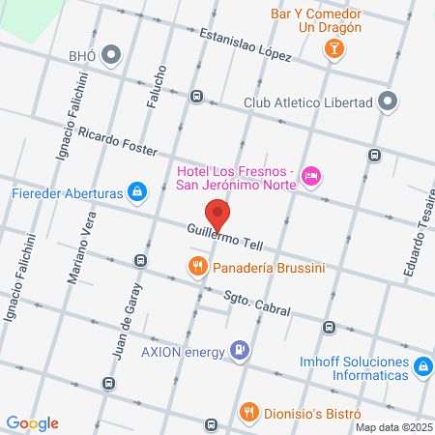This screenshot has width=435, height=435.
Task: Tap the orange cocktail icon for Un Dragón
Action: click(x=333, y=48)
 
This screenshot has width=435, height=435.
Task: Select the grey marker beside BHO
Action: click(x=111, y=55)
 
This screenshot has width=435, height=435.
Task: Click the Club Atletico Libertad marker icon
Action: click(x=389, y=101)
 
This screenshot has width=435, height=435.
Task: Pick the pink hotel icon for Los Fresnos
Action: click(x=311, y=175)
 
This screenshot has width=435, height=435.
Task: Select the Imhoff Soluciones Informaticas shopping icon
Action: click(x=422, y=366)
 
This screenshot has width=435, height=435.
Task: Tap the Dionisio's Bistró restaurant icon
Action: click(x=249, y=410)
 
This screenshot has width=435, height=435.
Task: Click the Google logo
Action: click(x=32, y=423)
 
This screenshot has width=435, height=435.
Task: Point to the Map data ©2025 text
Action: click(x=393, y=427)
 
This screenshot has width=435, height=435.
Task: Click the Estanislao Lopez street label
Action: click(x=246, y=44)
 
